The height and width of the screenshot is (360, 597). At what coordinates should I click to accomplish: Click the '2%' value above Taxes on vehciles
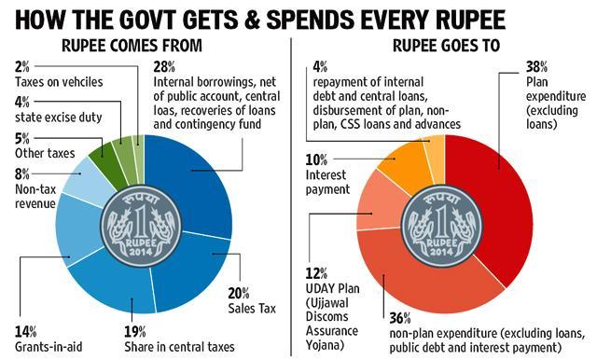click(x=22, y=67)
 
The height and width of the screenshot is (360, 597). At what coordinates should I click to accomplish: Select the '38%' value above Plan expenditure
click(x=537, y=67)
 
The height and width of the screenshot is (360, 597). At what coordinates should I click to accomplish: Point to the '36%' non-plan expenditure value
click(x=400, y=318)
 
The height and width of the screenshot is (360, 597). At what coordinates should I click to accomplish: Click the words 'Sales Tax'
click(x=252, y=309)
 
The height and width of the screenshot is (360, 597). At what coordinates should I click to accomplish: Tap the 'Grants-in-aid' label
click(x=49, y=347)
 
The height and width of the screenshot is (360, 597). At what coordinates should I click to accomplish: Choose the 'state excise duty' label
click(x=58, y=118)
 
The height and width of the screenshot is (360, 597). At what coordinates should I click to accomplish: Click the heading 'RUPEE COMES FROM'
click(x=132, y=46)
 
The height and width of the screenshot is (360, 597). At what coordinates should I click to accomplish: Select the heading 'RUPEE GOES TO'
click(x=446, y=46)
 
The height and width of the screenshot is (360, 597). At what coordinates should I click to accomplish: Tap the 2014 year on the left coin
click(x=140, y=252)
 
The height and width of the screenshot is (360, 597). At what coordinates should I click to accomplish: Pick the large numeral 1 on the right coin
click(x=441, y=224)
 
